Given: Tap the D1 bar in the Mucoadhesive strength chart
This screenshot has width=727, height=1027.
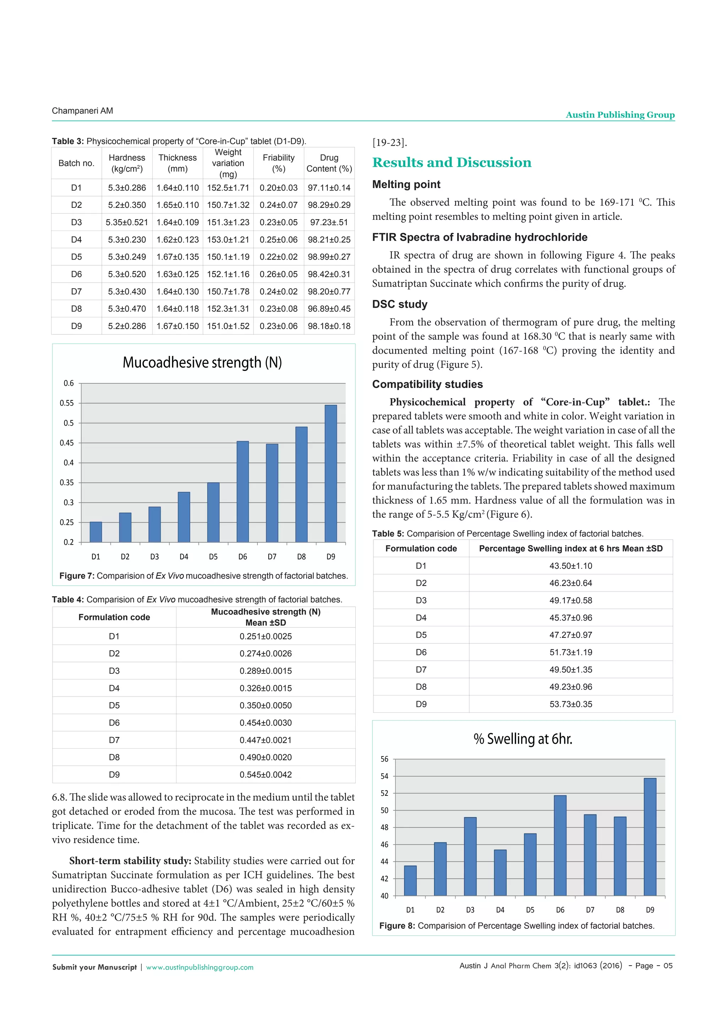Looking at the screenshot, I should (x=96, y=532).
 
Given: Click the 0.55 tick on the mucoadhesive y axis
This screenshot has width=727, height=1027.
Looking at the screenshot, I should (x=67, y=403).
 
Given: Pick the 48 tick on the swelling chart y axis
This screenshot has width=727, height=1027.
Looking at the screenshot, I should (x=384, y=827).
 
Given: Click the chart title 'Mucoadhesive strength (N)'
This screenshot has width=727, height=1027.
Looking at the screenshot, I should (x=202, y=362).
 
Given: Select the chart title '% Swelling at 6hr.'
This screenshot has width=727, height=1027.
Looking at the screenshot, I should (x=523, y=738).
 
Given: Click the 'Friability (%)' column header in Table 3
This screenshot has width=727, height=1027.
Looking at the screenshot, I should (x=278, y=163).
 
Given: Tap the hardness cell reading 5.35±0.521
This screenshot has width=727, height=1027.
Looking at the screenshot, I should (x=127, y=222).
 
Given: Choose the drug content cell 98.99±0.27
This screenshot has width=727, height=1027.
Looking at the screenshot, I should (x=329, y=257).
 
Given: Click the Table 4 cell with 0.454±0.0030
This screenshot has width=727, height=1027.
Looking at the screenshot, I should (x=266, y=722).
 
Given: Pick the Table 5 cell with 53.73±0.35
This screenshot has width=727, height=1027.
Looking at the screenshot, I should (x=570, y=704).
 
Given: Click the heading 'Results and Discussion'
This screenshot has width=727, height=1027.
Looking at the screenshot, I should (x=452, y=162).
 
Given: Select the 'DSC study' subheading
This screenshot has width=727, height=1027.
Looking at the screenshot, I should (x=400, y=304).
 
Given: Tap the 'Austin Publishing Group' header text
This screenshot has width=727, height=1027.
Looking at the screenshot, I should (x=620, y=115).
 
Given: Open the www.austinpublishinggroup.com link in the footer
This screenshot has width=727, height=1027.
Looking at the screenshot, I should (x=199, y=967).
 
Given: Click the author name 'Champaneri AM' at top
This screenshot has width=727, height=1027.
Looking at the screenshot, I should (x=82, y=111).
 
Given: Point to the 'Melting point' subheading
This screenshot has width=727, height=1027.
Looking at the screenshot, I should (x=406, y=184).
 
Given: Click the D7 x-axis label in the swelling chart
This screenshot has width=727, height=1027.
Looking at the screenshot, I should (x=590, y=910).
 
